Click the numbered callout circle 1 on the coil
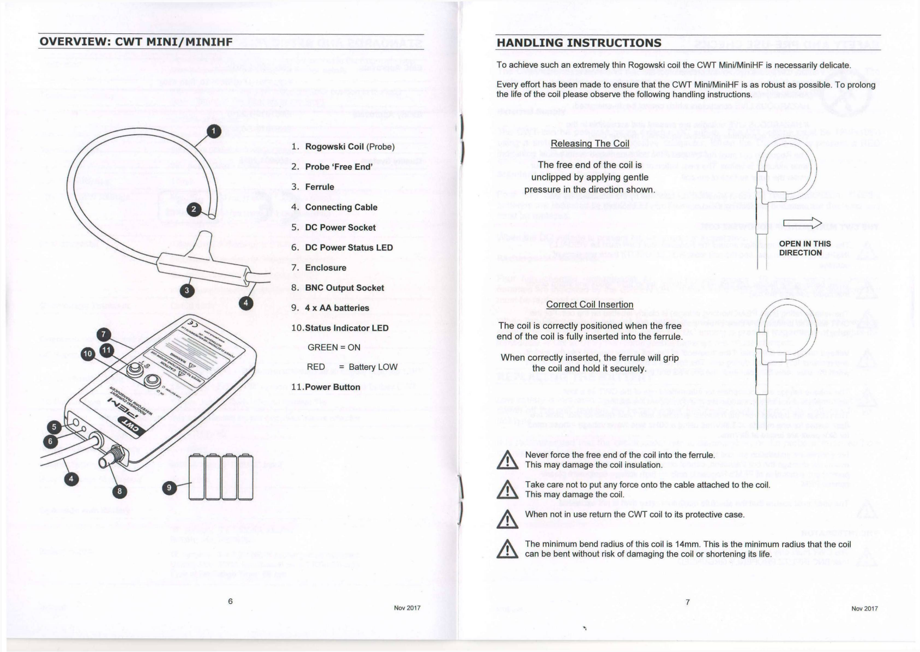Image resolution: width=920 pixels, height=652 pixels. click(x=214, y=131)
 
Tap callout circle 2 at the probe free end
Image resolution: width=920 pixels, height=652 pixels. click(x=194, y=210)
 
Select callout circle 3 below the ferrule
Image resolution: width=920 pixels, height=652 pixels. click(x=187, y=290)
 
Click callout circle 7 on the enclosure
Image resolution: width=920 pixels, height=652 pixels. click(x=104, y=335)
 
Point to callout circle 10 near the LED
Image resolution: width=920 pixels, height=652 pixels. click(x=88, y=354)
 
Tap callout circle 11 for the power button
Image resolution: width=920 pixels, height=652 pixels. click(x=106, y=350)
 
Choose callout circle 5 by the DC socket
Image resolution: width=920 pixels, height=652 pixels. click(x=53, y=427)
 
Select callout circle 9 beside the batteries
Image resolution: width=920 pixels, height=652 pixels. click(x=170, y=487)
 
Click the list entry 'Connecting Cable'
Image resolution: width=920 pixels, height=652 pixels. click(x=341, y=207)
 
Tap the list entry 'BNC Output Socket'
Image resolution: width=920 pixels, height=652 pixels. click(x=344, y=288)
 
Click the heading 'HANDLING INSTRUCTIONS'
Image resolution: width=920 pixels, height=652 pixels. click(x=579, y=43)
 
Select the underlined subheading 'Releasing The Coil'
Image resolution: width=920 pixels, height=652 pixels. click(x=590, y=143)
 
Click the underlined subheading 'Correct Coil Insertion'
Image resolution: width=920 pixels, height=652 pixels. click(x=590, y=304)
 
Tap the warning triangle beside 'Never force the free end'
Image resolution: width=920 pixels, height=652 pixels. click(x=508, y=460)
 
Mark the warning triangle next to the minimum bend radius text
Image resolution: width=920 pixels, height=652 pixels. click(x=508, y=549)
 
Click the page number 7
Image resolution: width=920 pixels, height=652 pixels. click(x=688, y=602)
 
